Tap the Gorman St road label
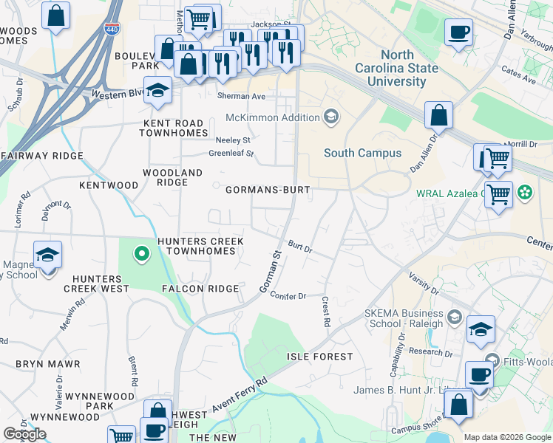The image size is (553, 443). pos(271,273)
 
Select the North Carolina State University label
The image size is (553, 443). pos(409,68)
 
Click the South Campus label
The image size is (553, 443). pos(362,154)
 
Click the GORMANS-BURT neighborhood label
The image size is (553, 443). pos(268,190)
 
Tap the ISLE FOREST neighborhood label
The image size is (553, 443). pos(320,357)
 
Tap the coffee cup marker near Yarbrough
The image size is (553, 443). pos(458,32)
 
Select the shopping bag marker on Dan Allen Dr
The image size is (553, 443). pos(438,115)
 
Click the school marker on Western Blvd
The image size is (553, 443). pos(157,91)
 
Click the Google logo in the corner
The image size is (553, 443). pos(24,434)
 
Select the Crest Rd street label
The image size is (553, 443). pos(325,312)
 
